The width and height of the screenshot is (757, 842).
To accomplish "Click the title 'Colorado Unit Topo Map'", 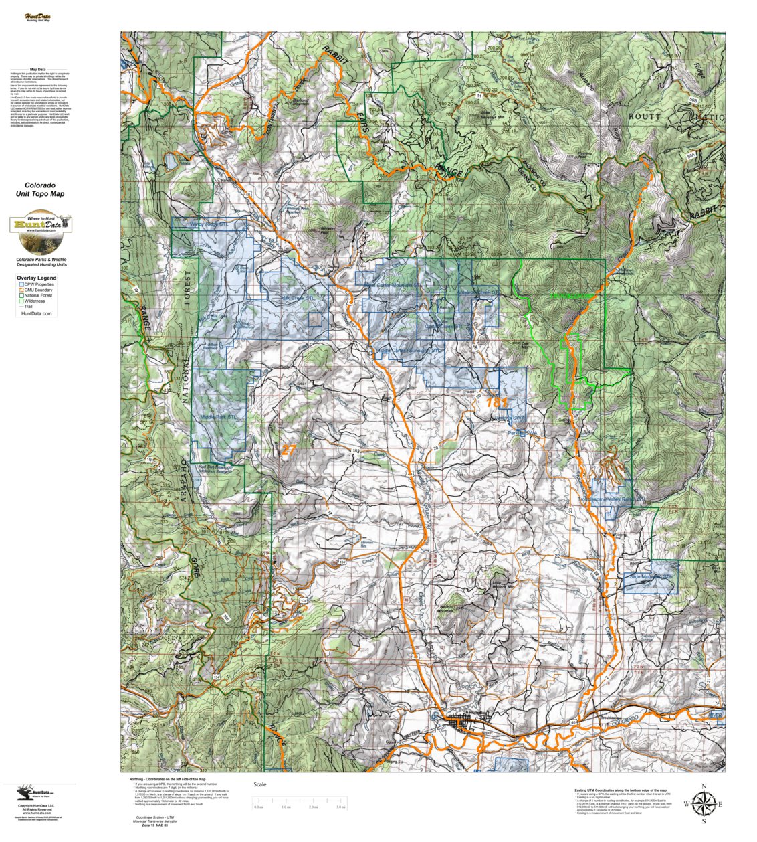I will click(40, 189).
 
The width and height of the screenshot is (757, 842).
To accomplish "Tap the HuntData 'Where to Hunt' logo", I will click(40, 232).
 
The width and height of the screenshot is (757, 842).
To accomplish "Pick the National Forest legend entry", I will click(40, 295).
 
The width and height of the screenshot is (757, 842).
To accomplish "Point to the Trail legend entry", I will click(31, 306).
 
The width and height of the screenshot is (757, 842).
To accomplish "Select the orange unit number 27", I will click(288, 450).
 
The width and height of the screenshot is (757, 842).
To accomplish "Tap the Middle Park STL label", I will click(219, 416).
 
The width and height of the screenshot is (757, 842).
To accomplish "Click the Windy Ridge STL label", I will click(208, 224).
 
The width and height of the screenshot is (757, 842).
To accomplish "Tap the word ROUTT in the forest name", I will click(645, 116).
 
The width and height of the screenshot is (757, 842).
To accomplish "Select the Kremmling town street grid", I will click(464, 723).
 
